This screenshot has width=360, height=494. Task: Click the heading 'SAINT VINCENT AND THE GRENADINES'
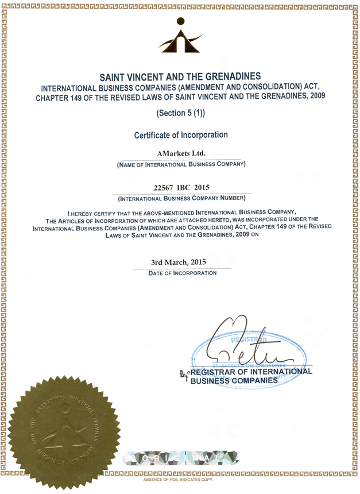180,76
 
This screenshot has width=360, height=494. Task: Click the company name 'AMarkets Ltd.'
180,153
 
